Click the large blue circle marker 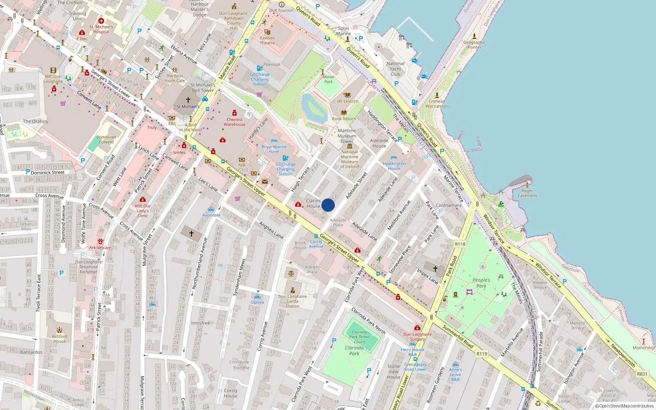[x=328, y=205]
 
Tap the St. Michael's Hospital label [x=101, y=29]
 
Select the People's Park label [x=481, y=283]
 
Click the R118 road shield [x=460, y=244]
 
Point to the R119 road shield [x=482, y=354]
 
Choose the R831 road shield [x=642, y=374]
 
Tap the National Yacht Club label [x=395, y=69]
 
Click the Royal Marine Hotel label [x=274, y=149]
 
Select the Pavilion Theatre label [x=267, y=40]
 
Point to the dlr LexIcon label [x=348, y=101]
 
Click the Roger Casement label [x=527, y=193]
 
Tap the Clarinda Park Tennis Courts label [x=360, y=337]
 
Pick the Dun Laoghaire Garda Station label [x=292, y=301]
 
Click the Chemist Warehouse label [x=235, y=122]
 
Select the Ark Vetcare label [x=100, y=248]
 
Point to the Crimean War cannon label [x=437, y=104]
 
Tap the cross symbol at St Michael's [x=188, y=100]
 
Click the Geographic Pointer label [x=474, y=45]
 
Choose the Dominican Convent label [x=106, y=140]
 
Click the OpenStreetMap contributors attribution [x=624, y=406]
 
